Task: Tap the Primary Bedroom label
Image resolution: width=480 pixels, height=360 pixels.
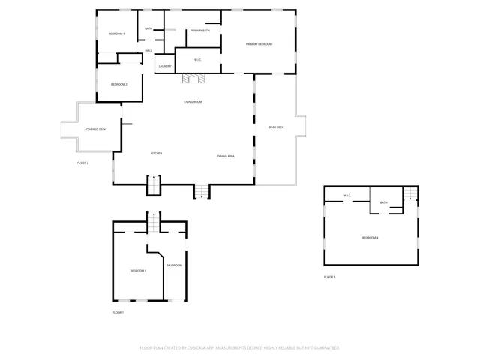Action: [x=259, y=44]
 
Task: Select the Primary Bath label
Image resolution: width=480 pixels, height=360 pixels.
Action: [x=200, y=31]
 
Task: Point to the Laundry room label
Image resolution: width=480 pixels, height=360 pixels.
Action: [x=165, y=66]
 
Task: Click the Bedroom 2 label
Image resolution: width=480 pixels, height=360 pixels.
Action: [x=118, y=84]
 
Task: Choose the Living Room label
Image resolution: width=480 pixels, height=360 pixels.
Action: [x=193, y=101]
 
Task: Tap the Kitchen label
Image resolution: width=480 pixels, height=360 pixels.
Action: [x=157, y=154]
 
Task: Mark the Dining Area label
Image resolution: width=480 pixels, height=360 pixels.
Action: [x=226, y=156]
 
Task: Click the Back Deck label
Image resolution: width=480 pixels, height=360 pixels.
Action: [x=276, y=127]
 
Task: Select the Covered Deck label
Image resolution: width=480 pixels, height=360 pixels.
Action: [x=96, y=130]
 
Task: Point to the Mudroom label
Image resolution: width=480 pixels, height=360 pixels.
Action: [x=174, y=265]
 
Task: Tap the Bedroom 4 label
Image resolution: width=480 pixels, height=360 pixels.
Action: [x=370, y=238]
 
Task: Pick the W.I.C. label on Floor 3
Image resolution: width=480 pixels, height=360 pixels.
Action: [x=347, y=196]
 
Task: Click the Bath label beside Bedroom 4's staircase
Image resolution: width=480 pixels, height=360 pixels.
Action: [x=383, y=202]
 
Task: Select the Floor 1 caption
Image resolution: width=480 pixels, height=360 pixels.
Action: [x=118, y=312]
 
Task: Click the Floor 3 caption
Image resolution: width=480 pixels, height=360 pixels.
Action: [x=329, y=277]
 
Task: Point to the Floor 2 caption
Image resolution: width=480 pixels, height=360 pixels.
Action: [x=82, y=163]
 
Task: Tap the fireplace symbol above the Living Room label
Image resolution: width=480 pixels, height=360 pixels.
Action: [x=193, y=78]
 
